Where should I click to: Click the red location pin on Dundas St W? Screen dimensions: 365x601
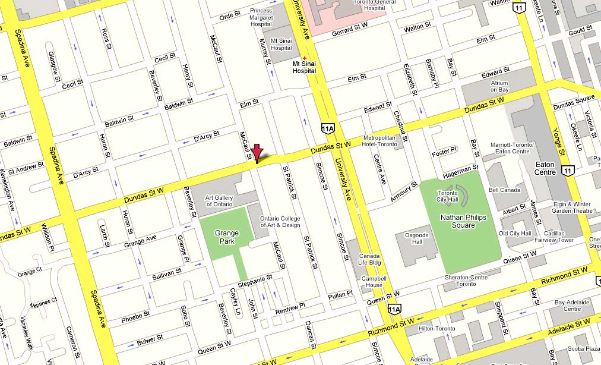257,152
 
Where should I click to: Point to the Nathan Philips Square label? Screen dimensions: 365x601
463,221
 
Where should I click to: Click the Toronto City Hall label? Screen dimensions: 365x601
448,197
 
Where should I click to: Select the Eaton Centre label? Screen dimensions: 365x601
545,168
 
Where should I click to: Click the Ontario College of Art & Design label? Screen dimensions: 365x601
280,221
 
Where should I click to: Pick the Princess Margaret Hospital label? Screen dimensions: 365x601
261,18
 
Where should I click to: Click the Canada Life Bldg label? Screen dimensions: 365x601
369,260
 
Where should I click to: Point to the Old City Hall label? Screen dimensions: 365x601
514,234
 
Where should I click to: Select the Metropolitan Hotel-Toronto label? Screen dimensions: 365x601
379,141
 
